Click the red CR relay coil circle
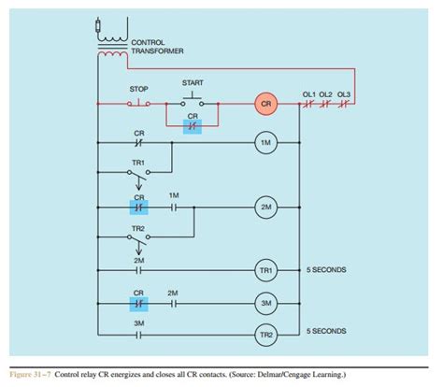pos(265,105)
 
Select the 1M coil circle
pos(265,142)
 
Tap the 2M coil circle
pos(265,206)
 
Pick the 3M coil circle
pos(265,303)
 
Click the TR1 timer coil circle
pos(265,270)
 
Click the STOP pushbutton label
pos(137,90)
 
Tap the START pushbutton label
pos(193,82)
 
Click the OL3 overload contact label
pos(344,94)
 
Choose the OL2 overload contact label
pos(326,94)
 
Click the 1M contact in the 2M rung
pos(174,206)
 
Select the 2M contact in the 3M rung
pos(174,303)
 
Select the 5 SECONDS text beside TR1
pos(326,270)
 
